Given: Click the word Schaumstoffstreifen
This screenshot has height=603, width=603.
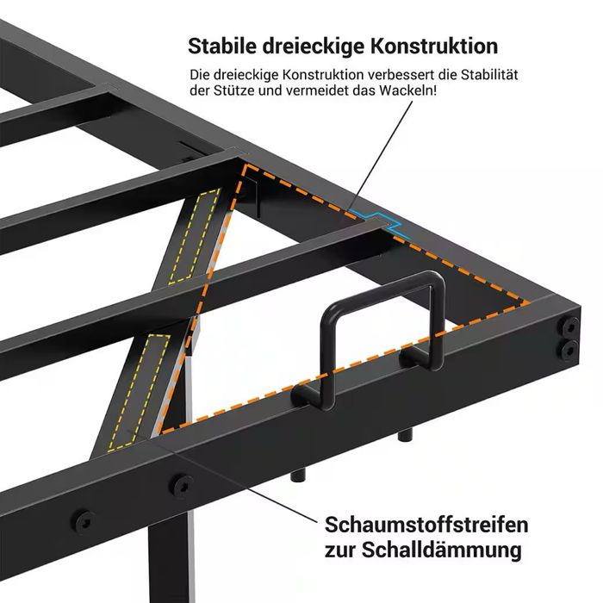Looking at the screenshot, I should coord(426,525).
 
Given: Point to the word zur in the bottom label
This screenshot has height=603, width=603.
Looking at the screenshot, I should coord(339,550).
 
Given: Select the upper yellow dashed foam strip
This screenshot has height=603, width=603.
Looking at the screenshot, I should coord(197,238).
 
